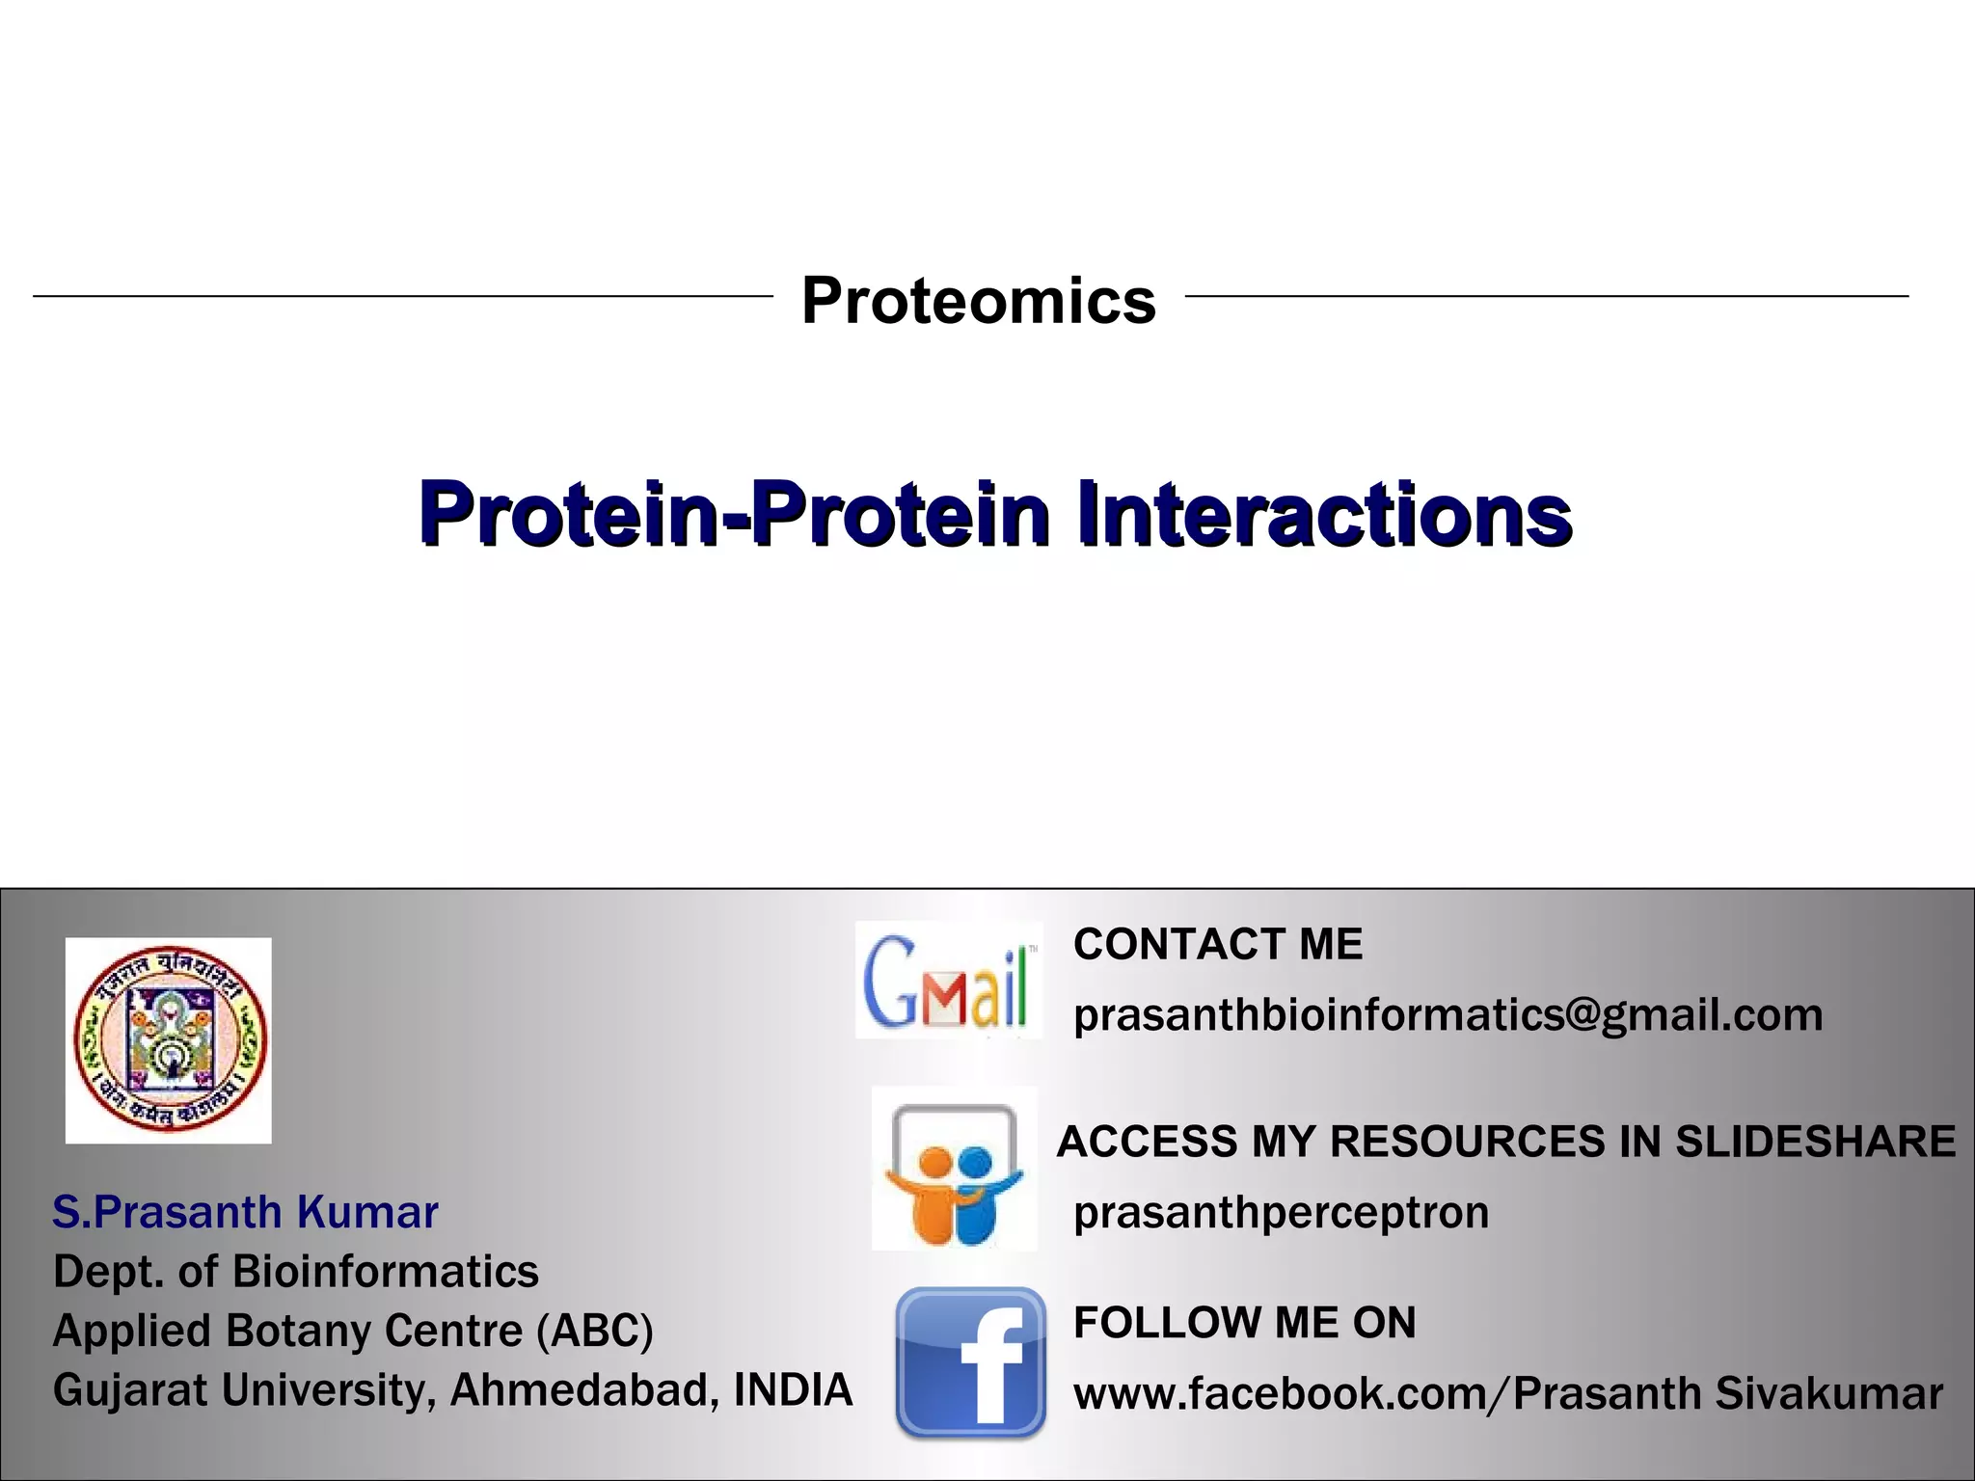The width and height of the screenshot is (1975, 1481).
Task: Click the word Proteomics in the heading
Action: click(x=978, y=300)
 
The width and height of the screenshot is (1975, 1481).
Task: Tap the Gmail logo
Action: click(x=949, y=980)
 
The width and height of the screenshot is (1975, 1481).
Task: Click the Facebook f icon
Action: click(x=970, y=1361)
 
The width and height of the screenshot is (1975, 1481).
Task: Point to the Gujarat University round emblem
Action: click(x=169, y=1040)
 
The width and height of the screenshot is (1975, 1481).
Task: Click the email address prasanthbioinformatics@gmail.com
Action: click(x=1447, y=1014)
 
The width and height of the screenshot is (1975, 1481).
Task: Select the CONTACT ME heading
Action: click(x=1217, y=944)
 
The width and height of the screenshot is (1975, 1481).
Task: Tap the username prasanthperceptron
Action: click(x=1281, y=1212)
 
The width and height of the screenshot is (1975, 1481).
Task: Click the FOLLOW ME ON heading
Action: click(x=1244, y=1322)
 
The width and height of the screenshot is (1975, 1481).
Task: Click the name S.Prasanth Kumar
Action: click(x=245, y=1212)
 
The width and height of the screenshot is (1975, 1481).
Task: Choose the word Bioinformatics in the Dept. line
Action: click(x=385, y=1272)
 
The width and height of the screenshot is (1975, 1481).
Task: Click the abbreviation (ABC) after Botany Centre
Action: click(x=595, y=1332)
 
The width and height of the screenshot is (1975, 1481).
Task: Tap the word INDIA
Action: click(x=793, y=1390)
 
